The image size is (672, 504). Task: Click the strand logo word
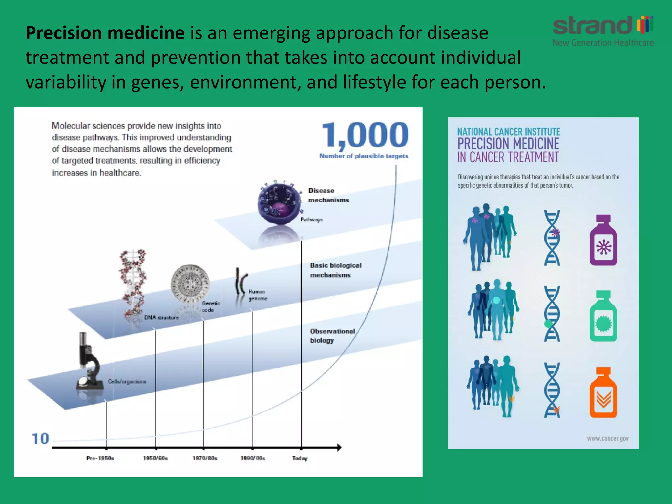[592, 26]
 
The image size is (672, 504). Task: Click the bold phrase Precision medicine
[105, 33]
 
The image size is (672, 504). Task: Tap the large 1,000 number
[365, 135]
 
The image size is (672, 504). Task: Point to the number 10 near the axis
[40, 439]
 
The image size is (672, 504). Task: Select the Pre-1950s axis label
[100, 458]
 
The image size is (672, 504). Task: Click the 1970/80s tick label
[205, 458]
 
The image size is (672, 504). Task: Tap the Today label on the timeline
[300, 458]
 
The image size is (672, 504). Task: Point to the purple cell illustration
[279, 203]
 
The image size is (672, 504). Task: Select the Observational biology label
[332, 336]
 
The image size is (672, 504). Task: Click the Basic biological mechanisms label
[335, 270]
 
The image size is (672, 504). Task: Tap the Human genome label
[258, 295]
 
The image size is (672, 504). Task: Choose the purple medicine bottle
[603, 241]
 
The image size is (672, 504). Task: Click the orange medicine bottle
[603, 393]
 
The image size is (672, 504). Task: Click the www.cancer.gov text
[608, 438]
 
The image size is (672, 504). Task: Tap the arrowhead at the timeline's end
[339, 447]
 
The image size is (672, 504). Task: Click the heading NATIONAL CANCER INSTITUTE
[509, 132]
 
